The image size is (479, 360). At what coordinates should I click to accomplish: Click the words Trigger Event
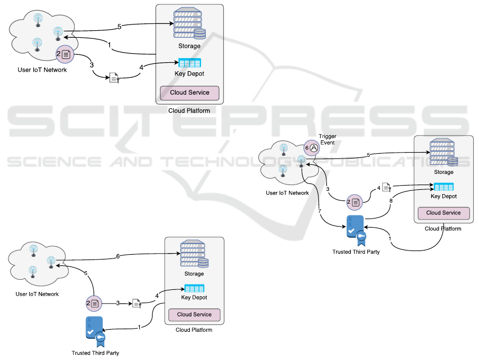pyautogui.click(x=327, y=140)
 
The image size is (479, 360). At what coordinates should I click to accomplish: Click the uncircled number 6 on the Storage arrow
pyautogui.click(x=118, y=256)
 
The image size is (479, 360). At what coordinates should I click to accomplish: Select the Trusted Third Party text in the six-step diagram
pyautogui.click(x=95, y=353)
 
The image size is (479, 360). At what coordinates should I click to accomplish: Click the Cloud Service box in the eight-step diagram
pyautogui.click(x=443, y=213)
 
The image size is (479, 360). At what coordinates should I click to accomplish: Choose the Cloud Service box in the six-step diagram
pyautogui.click(x=194, y=314)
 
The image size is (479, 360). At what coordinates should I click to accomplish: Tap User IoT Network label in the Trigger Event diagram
pyautogui.click(x=287, y=192)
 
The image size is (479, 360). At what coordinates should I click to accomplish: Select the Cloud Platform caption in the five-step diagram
pyautogui.click(x=189, y=111)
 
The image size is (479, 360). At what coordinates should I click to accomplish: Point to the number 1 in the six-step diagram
pyautogui.click(x=139, y=327)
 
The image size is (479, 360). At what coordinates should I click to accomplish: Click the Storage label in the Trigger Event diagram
pyautogui.click(x=443, y=172)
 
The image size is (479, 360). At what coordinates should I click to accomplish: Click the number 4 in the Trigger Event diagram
pyautogui.click(x=379, y=188)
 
